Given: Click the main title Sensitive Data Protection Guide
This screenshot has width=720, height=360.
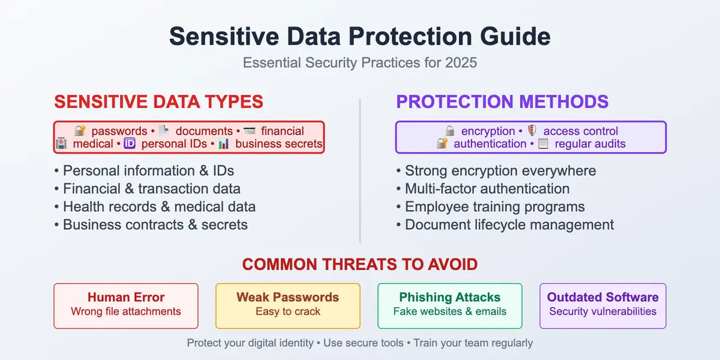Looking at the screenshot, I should [359, 37].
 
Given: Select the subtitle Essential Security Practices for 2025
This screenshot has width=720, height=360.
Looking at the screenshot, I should [359, 62].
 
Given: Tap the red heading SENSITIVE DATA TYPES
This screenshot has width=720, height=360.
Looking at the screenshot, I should [158, 102].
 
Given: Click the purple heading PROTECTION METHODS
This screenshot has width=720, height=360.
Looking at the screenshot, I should [502, 102].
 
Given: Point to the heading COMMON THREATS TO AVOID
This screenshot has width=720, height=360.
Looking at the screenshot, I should [359, 264].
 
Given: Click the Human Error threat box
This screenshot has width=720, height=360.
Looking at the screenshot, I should [126, 305].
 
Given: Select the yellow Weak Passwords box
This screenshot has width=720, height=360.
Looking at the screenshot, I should [288, 305].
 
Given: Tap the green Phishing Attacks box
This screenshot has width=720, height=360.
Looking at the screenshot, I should [450, 305].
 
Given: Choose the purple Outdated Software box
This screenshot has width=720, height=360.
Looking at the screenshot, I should [602, 305].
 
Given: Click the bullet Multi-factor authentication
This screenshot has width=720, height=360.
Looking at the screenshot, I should [487, 189].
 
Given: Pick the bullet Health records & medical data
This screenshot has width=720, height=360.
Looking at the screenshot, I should [159, 207].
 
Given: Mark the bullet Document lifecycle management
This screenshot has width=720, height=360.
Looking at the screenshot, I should [509, 225].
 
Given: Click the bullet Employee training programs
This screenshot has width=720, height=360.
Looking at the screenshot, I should [494, 207].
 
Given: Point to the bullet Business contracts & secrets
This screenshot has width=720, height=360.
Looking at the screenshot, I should [155, 225].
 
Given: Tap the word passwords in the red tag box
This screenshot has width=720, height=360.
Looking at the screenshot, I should [119, 131].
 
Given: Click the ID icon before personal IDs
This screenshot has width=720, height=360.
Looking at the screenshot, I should [130, 144].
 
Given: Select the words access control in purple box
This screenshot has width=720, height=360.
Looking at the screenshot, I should [580, 131].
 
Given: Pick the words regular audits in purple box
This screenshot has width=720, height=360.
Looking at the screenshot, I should [590, 144].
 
